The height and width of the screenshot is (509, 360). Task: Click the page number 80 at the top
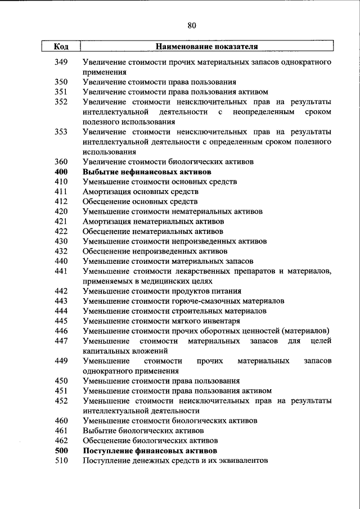tap(191, 25)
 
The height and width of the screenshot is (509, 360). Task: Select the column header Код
tap(61, 47)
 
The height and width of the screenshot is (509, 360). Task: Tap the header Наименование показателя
tap(206, 47)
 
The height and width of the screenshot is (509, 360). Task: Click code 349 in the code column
tap(61, 62)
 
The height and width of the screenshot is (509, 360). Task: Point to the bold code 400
tap(61, 172)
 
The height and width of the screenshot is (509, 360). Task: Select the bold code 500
tap(61, 451)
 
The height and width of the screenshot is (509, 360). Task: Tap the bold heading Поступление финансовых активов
tap(150, 451)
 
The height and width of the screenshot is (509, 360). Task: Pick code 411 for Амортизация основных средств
tap(61, 191)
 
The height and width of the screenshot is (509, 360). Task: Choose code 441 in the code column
tap(61, 271)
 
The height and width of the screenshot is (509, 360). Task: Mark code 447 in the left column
tap(61, 341)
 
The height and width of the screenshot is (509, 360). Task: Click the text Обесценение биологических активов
tap(150, 441)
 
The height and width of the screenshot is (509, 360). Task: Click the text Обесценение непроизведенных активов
tap(155, 251)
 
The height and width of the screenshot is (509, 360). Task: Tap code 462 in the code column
tap(61, 441)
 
